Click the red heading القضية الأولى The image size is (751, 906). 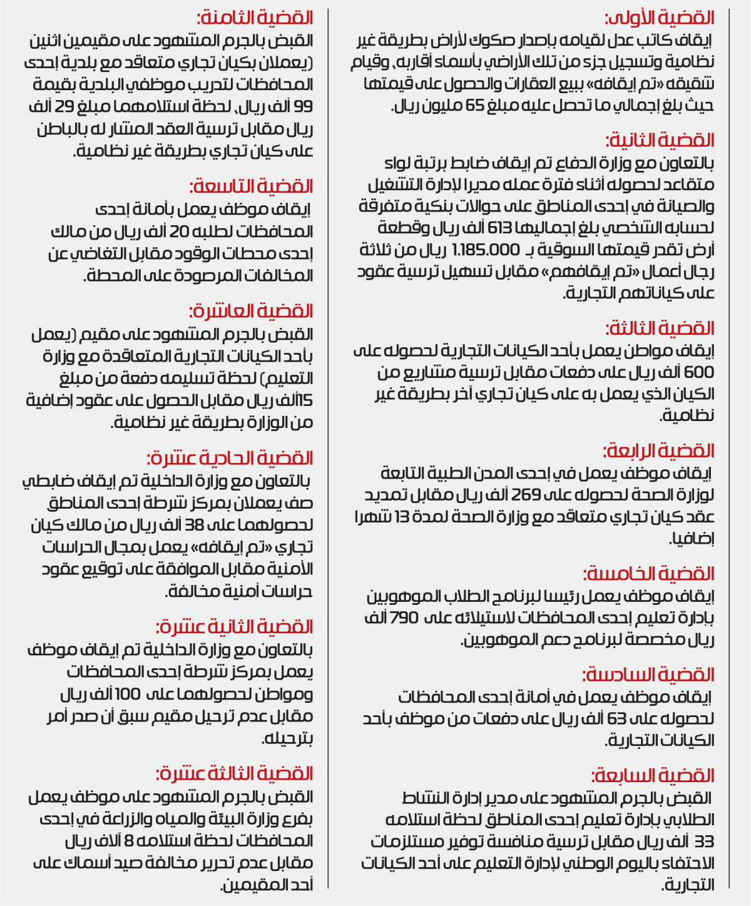click(x=660, y=18)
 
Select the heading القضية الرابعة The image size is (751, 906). click(x=658, y=450)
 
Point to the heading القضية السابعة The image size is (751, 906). click(x=653, y=776)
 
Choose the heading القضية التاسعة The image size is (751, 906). click(x=252, y=186)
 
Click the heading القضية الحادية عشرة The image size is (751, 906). click(x=230, y=458)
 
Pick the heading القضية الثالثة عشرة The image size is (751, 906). click(x=235, y=774)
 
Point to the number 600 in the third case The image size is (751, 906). click(x=698, y=372)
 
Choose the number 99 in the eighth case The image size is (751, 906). click(x=304, y=106)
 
